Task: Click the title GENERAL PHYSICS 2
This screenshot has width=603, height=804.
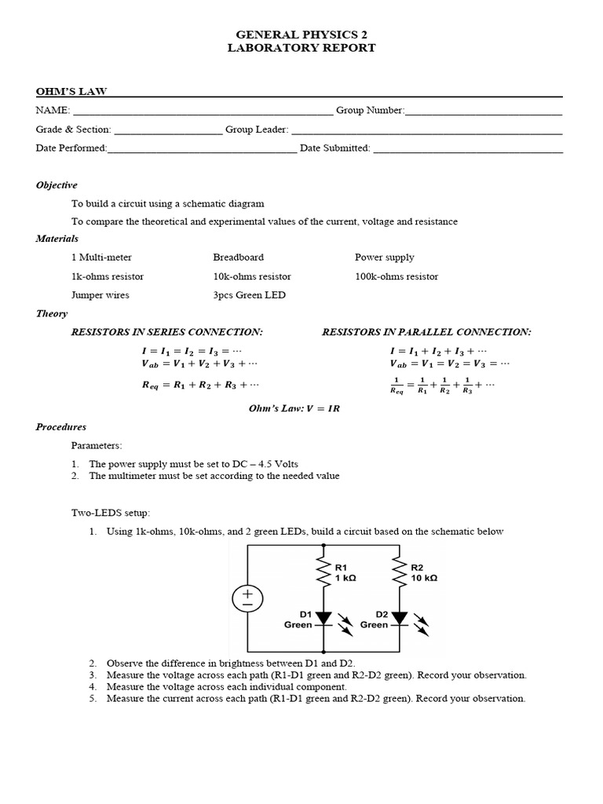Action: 301,35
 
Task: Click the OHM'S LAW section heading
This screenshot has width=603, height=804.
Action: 66,91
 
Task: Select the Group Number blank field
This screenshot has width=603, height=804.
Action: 484,111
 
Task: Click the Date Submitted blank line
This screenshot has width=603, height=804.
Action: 468,148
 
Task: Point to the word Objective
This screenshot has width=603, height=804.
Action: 57,185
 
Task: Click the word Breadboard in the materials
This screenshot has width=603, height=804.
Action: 238,258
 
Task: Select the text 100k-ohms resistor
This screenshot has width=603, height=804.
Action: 397,276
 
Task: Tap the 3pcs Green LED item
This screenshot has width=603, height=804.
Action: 249,295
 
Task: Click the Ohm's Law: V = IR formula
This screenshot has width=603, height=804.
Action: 294,408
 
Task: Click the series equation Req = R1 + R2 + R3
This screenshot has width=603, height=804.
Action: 199,385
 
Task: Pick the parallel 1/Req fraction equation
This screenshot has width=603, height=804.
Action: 443,385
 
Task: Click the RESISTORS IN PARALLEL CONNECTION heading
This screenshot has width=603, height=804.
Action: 426,332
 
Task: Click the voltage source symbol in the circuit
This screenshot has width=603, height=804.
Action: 247,600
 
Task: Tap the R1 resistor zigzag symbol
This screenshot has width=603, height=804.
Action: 321,572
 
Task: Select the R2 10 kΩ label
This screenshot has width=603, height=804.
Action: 425,572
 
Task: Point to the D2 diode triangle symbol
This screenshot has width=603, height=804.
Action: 399,619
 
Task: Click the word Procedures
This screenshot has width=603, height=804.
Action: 61,427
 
